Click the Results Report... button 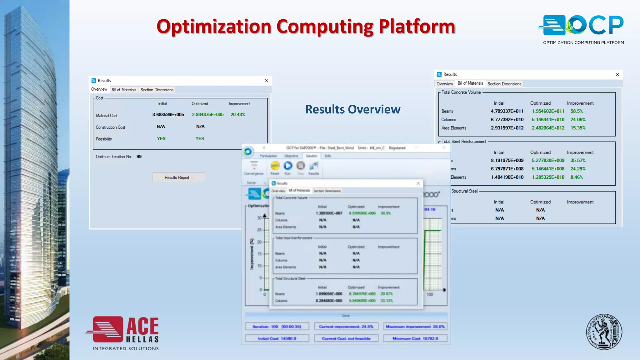tap(179, 177)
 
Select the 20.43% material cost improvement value tap(238, 115)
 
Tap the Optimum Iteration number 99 tap(139, 157)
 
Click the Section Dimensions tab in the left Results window tap(157, 90)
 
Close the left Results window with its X tap(267, 81)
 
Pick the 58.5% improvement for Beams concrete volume tap(577, 111)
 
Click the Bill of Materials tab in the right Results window tap(470, 83)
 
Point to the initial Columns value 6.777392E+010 tap(507, 120)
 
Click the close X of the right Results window tap(617, 74)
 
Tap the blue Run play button tap(288, 166)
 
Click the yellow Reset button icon tap(275, 166)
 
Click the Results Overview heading tap(352, 109)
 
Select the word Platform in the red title tap(417, 27)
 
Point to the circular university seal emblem tap(604, 332)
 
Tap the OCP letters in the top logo tap(597, 25)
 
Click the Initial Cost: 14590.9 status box tap(277, 338)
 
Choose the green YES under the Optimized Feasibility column tap(200, 138)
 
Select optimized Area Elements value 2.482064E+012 tap(548, 128)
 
